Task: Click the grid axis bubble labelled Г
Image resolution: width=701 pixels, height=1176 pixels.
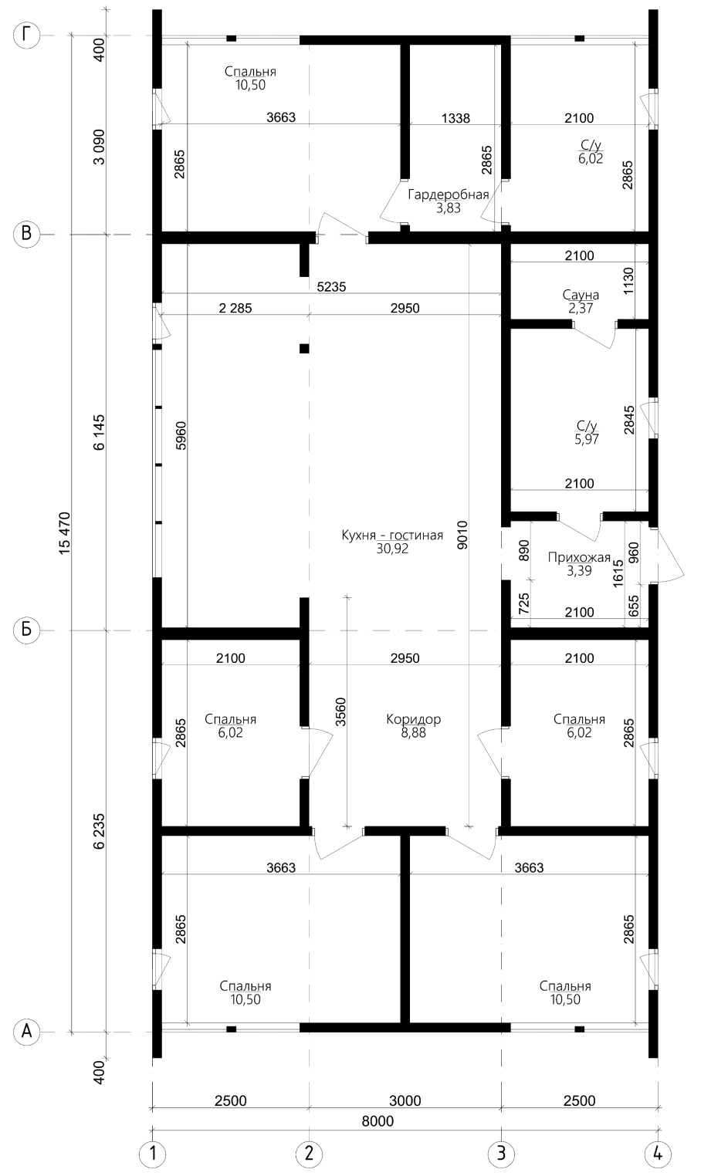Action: click(27, 35)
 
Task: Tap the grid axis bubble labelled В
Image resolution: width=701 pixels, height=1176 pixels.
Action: click(27, 234)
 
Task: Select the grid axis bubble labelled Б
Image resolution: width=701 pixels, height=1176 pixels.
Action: click(27, 630)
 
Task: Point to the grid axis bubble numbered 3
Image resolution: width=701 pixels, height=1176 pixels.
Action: click(502, 1153)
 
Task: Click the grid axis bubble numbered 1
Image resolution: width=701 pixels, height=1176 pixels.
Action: click(152, 1153)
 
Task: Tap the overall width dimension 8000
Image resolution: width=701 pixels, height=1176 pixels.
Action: click(378, 1121)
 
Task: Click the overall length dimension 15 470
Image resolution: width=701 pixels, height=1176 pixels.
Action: click(65, 533)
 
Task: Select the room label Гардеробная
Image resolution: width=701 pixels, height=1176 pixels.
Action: click(449, 194)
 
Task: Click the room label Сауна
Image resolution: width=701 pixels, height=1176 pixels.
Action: click(581, 295)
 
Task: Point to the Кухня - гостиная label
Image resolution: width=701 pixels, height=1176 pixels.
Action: click(392, 536)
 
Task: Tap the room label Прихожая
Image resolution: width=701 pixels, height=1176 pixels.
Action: click(579, 558)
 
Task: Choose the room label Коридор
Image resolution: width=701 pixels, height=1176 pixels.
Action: click(414, 719)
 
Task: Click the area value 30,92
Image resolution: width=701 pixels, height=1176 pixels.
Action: click(392, 549)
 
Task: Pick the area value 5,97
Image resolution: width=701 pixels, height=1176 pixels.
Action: click(587, 439)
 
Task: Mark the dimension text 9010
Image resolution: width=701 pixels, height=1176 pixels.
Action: click(462, 535)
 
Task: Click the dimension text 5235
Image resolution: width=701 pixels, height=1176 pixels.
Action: click(332, 286)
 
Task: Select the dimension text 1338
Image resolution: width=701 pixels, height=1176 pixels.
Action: click(455, 118)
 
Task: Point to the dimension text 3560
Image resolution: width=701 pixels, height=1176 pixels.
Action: click(340, 711)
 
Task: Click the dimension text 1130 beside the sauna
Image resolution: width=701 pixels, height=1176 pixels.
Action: click(628, 280)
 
